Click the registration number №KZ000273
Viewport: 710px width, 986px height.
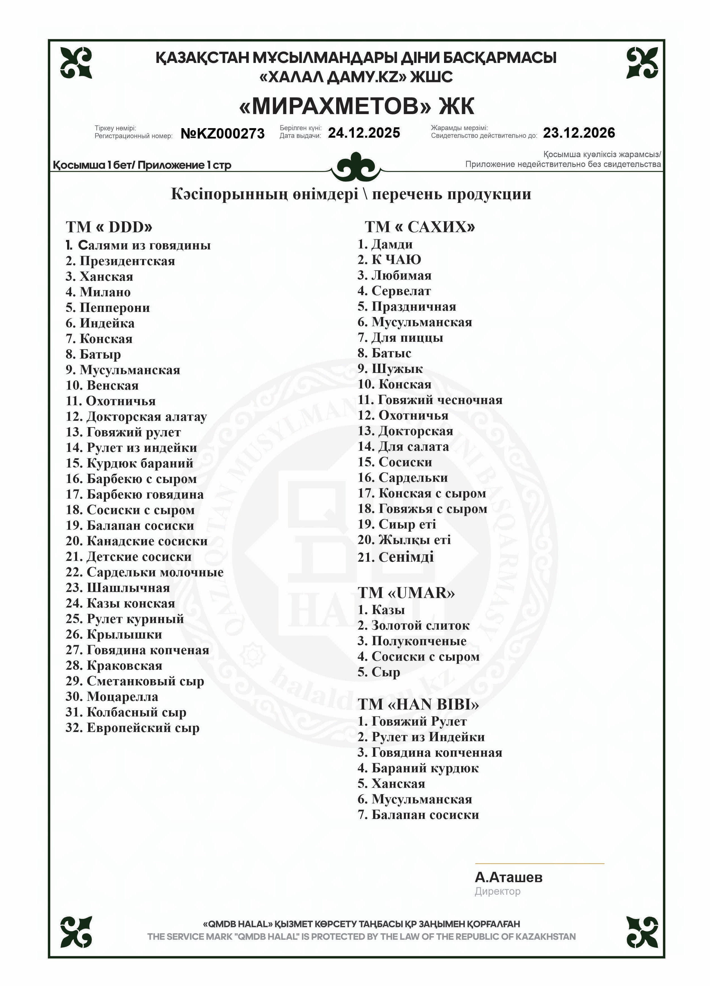[x=222, y=133]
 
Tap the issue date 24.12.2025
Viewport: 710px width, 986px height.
[x=364, y=133]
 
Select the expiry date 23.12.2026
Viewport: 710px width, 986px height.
[x=579, y=133]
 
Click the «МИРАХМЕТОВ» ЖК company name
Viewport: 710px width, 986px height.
[x=356, y=106]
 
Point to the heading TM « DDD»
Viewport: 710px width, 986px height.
[x=109, y=227]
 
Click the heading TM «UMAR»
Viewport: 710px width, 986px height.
[x=406, y=593]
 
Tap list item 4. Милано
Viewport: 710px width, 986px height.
[x=98, y=292]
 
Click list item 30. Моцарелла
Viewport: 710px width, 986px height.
[x=112, y=697]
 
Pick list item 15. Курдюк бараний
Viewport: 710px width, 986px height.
[x=129, y=463]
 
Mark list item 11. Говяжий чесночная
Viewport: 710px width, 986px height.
[x=430, y=400]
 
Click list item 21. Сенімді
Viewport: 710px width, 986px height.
[x=395, y=557]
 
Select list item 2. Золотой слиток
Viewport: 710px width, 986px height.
[x=413, y=625]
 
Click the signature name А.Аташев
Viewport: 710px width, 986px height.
[x=508, y=877]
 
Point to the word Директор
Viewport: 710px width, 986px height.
[x=497, y=892]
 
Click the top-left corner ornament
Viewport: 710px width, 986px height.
[x=76, y=63]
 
